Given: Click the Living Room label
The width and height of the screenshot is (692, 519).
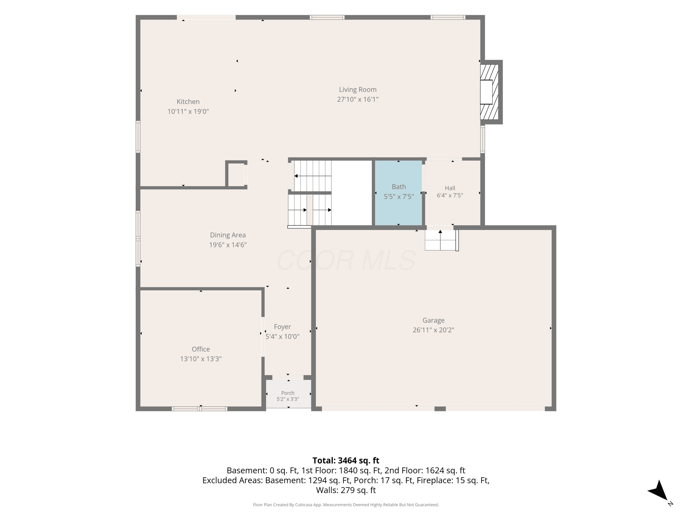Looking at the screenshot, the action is (358, 89).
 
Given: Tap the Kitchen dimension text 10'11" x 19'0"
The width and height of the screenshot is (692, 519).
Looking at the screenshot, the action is (188, 111).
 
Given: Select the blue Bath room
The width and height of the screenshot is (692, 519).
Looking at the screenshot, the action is (399, 193).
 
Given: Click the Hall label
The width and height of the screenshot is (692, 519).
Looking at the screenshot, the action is (450, 188).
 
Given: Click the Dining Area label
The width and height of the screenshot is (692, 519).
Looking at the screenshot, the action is (228, 235).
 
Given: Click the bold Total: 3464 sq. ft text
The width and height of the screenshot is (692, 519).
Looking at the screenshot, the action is (346, 460).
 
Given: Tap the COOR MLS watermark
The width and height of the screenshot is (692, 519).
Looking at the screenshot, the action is (346, 260).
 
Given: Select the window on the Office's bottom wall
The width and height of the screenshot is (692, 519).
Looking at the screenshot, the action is (200, 409).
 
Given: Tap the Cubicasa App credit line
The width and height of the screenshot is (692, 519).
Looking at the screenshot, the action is (346, 505).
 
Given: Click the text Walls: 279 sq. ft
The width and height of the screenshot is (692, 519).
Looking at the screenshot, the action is (346, 490).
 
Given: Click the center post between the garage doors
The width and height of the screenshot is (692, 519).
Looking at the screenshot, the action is (440, 409).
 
